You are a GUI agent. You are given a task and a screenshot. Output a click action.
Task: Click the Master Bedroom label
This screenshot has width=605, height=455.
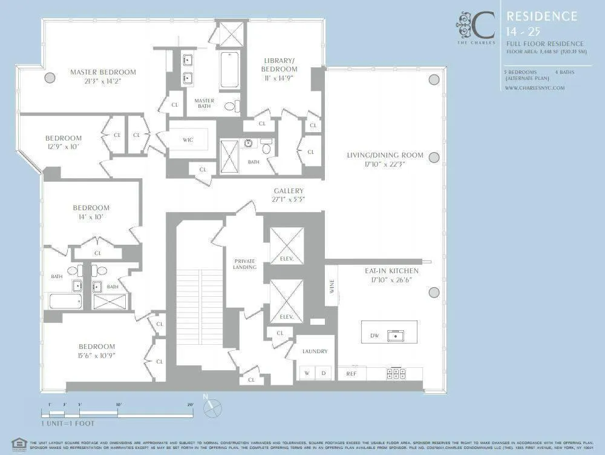(x=103, y=72)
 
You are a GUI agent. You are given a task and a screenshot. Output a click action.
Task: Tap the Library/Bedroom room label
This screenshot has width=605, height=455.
(x=280, y=64)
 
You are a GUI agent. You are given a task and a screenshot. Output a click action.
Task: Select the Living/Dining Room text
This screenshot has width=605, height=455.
(x=385, y=155)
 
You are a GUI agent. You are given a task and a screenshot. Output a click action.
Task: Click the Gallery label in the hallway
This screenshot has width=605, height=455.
(x=289, y=191)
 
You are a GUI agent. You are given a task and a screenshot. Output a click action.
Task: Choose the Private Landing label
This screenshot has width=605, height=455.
(x=244, y=264)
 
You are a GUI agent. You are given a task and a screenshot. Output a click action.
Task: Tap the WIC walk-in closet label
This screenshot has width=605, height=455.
(x=188, y=140)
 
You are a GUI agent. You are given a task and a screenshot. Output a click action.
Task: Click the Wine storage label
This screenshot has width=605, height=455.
(x=332, y=287)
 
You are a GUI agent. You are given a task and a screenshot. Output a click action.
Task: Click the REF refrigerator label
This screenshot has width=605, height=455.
(x=352, y=374)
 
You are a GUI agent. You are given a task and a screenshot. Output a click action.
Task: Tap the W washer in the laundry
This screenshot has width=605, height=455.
(x=307, y=373)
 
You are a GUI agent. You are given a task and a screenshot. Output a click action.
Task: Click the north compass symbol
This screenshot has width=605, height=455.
(x=212, y=407)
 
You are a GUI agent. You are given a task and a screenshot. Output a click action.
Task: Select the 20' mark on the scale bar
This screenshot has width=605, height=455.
(x=190, y=404)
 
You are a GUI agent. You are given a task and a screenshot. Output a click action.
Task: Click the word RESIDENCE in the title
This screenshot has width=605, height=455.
(x=541, y=16)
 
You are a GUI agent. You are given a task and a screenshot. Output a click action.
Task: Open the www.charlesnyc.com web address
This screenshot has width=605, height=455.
(x=534, y=87)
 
